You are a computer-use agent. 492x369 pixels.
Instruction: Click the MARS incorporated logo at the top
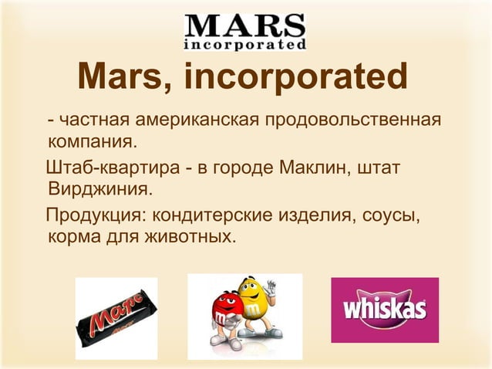246,32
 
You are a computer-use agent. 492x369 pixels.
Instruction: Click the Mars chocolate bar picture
115,317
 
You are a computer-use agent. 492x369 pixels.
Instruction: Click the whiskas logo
384,310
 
